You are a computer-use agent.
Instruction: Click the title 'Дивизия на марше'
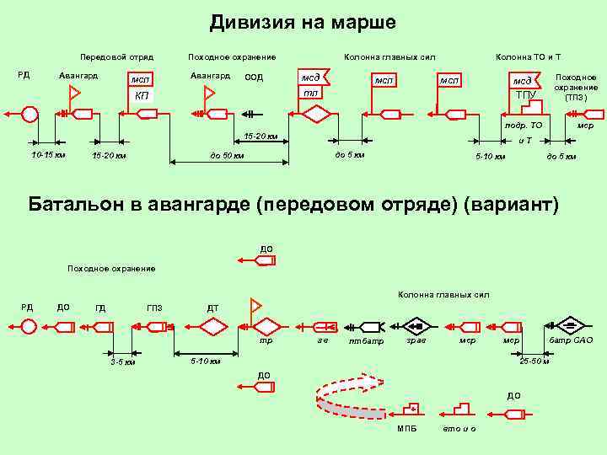click(303, 22)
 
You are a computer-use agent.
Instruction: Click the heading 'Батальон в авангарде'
click(293, 205)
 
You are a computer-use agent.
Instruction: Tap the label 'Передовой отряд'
click(116, 57)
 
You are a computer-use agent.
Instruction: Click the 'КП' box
click(142, 96)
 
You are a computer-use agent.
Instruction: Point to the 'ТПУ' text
click(525, 94)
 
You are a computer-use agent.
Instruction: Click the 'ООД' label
click(254, 77)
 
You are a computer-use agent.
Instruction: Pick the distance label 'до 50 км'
click(227, 155)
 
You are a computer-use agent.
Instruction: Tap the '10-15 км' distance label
click(48, 155)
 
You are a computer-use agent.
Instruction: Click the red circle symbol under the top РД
click(30, 114)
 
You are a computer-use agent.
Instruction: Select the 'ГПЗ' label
click(154, 308)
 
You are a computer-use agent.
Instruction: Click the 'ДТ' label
click(213, 308)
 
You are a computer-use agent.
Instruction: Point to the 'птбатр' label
click(366, 342)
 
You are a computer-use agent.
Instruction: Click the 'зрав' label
click(416, 340)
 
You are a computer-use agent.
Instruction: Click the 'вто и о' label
click(459, 430)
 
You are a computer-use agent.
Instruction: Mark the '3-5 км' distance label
click(123, 362)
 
